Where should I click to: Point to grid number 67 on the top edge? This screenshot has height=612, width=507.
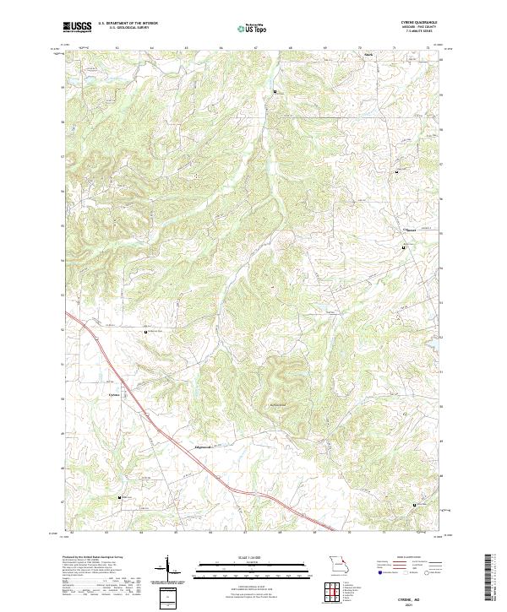click(x=255, y=49)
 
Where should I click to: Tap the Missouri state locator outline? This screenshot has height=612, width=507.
click(x=340, y=563)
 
